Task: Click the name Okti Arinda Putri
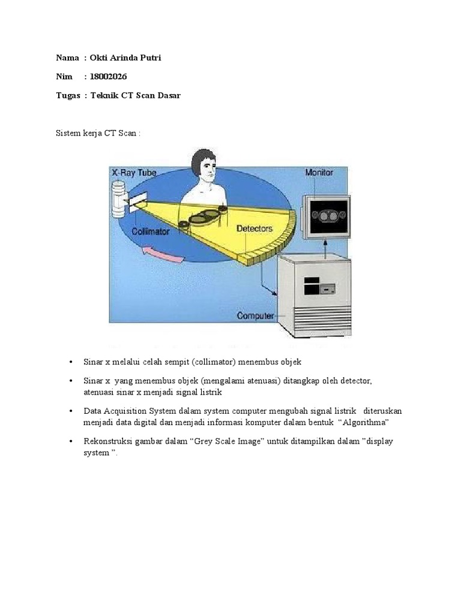125,58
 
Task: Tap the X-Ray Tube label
134,172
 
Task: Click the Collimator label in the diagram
151,230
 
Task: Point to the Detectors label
255,228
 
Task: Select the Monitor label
319,172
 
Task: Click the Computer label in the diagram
256,315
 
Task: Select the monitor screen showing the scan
326,215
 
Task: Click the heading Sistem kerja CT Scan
98,133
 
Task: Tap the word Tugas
68,96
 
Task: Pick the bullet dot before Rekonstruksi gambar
71,441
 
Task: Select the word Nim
64,77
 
